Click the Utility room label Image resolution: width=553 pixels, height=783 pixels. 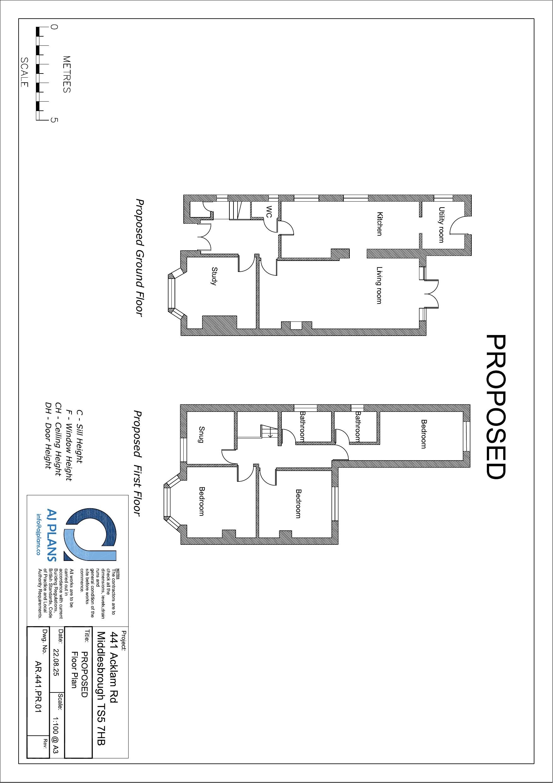click(x=441, y=225)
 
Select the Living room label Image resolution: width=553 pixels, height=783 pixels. click(x=379, y=285)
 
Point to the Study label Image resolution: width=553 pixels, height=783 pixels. click(x=214, y=276)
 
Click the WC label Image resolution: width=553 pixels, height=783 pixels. click(x=269, y=211)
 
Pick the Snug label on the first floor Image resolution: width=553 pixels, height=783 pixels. click(x=201, y=434)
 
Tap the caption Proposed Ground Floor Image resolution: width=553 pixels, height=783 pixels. click(x=139, y=258)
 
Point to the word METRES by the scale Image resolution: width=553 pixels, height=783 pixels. click(x=66, y=74)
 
